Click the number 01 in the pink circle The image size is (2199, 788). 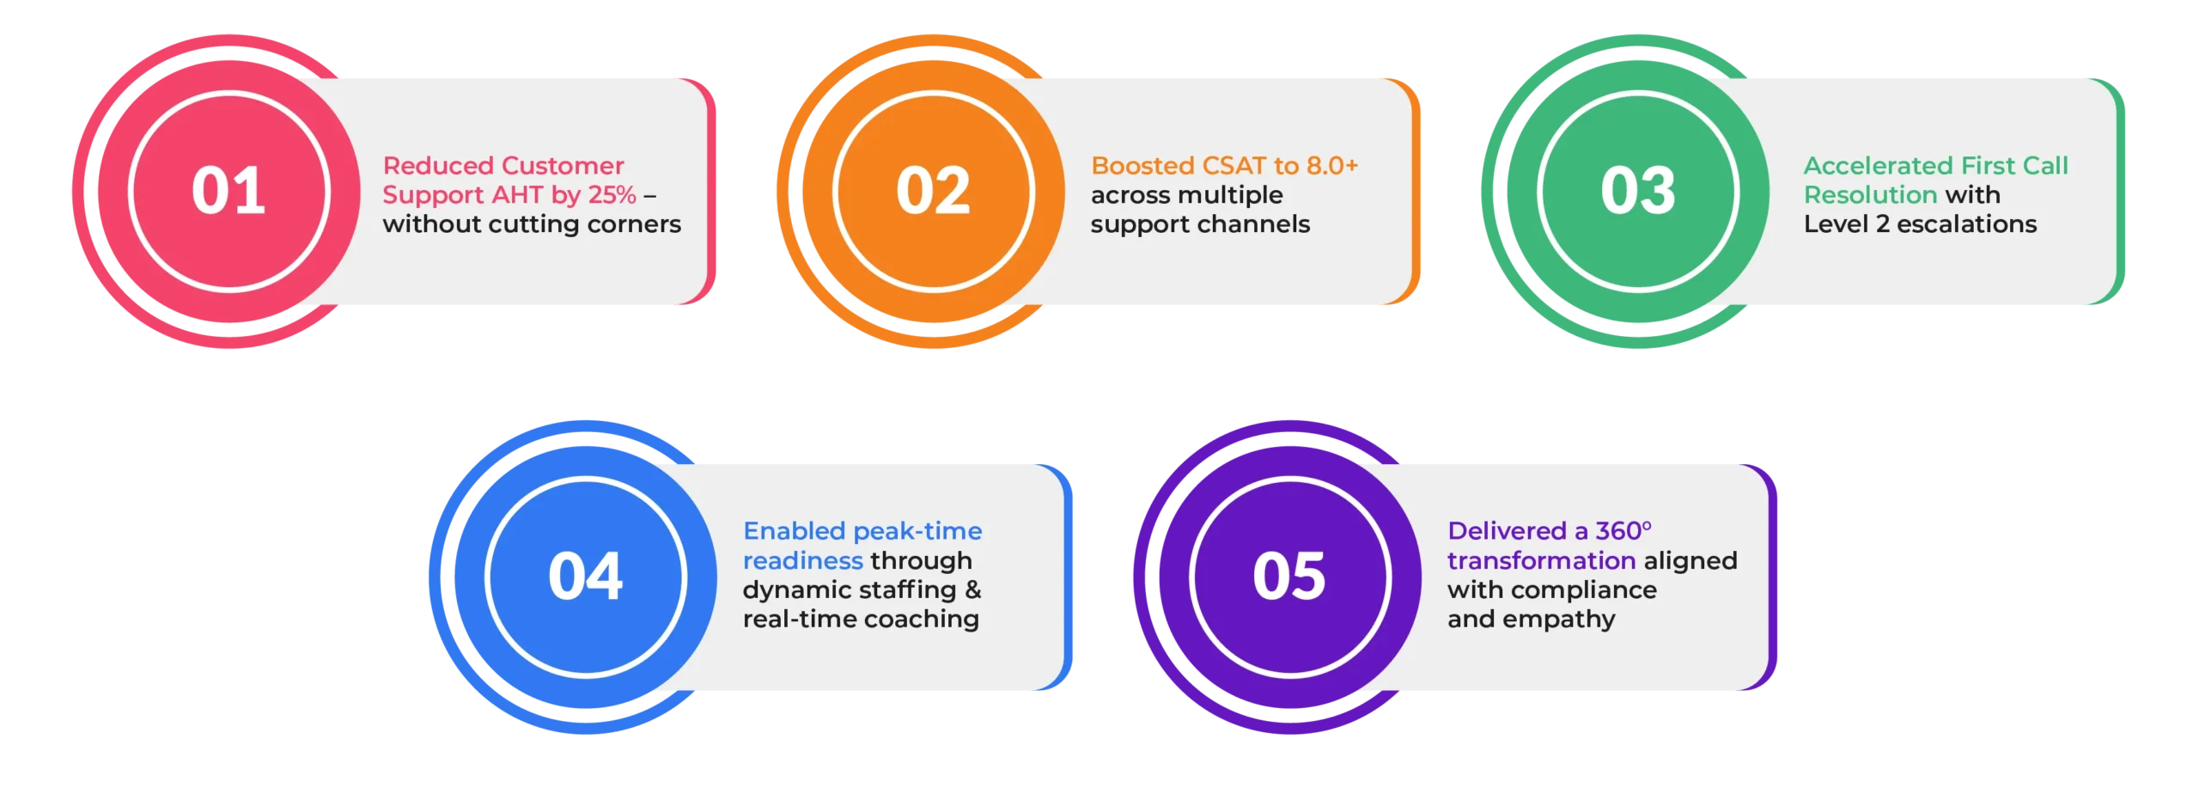pyautogui.click(x=228, y=190)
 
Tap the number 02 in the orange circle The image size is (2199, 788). pyautogui.click(x=933, y=190)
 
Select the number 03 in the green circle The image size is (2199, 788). pyautogui.click(x=1638, y=190)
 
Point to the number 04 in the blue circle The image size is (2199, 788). pyautogui.click(x=586, y=576)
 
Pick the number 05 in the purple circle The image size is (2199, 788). pyautogui.click(x=1289, y=576)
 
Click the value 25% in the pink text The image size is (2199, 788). pyautogui.click(x=612, y=195)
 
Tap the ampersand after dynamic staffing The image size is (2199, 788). pyautogui.click(x=972, y=589)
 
